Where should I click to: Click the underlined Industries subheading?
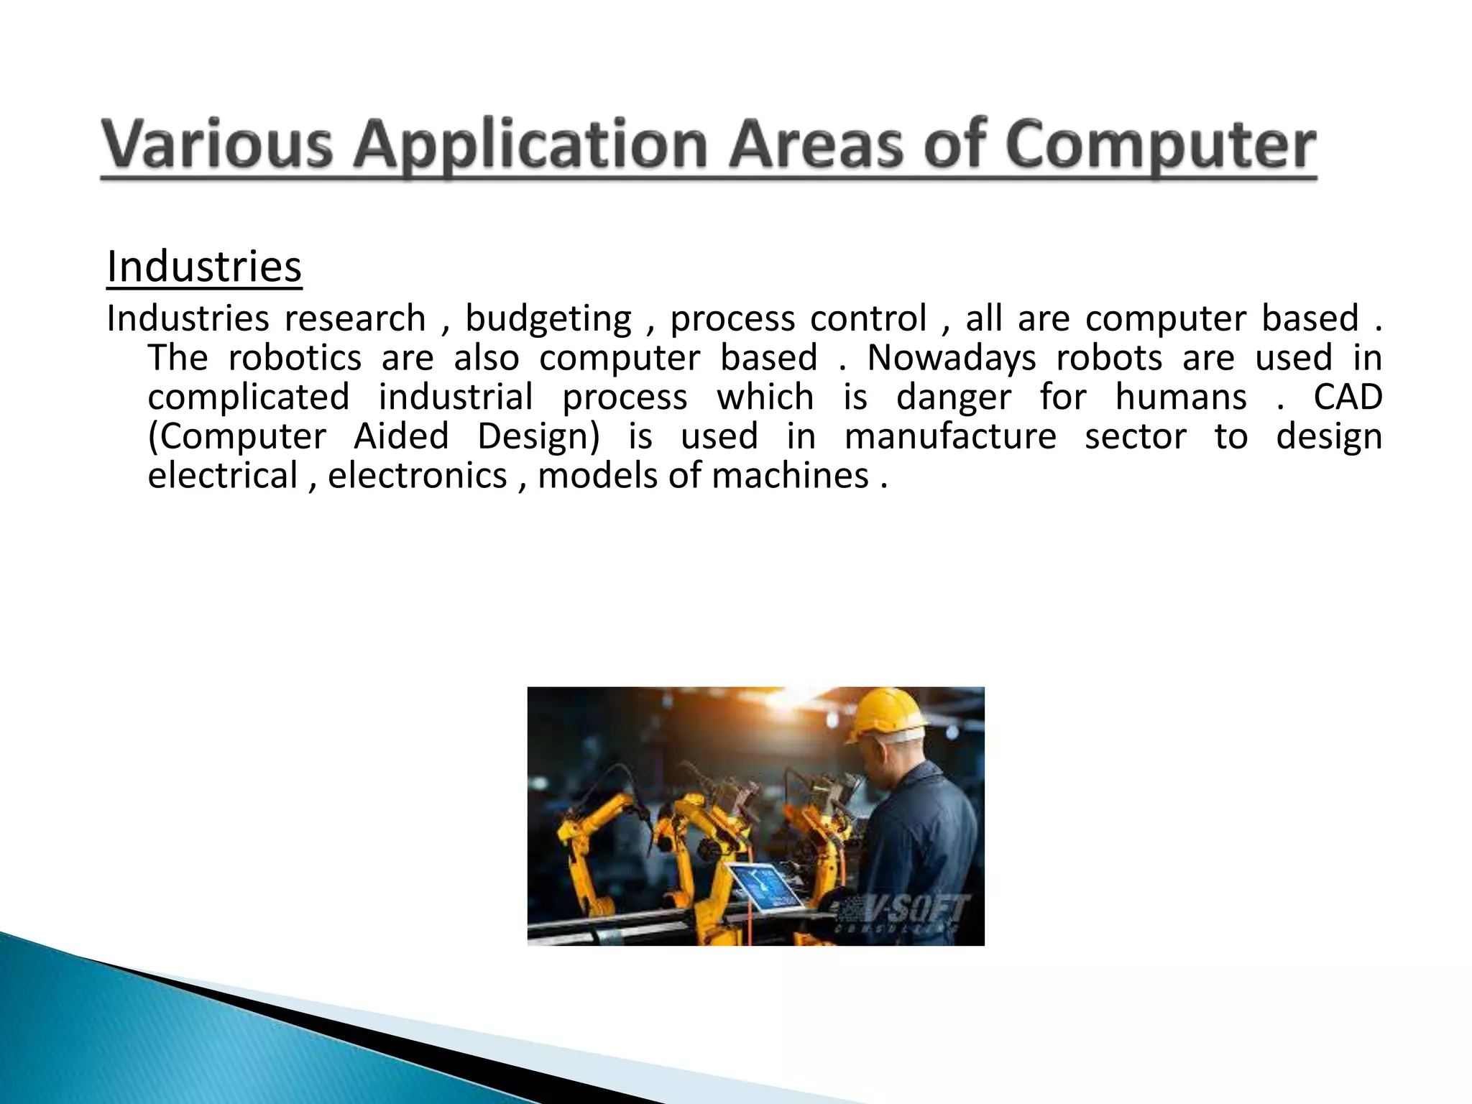pyautogui.click(x=204, y=267)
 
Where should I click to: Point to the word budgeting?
pyautogui.click(x=548, y=319)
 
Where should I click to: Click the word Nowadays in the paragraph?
pyautogui.click(x=951, y=358)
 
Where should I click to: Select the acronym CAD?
pyautogui.click(x=1348, y=397)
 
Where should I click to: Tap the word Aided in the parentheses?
pyautogui.click(x=401, y=436)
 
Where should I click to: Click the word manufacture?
pyautogui.click(x=950, y=436)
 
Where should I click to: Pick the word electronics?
pyautogui.click(x=417, y=476)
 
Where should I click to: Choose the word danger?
pyautogui.click(x=953, y=397)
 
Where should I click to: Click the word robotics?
pyautogui.click(x=295, y=358)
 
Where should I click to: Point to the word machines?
pyautogui.click(x=790, y=476)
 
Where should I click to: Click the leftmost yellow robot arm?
pyautogui.click(x=586, y=848)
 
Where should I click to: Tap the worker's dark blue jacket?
pyautogui.click(x=927, y=841)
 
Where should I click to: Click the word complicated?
pyautogui.click(x=249, y=397)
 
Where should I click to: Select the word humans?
pyautogui.click(x=1181, y=397)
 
